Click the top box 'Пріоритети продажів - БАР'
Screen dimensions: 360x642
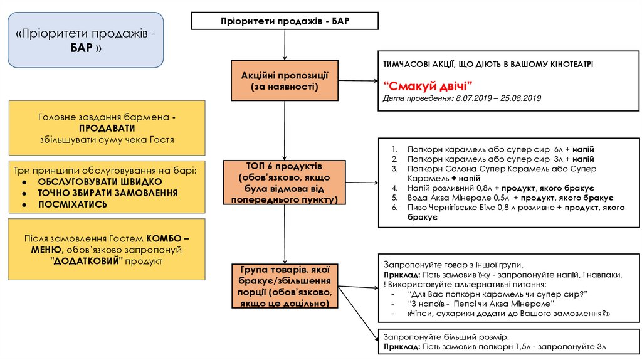click(285, 21)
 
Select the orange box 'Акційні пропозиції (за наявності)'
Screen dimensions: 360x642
click(285, 80)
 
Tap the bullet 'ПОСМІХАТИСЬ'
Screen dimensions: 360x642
click(72, 204)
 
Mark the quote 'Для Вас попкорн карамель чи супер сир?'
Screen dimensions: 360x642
click(496, 294)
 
